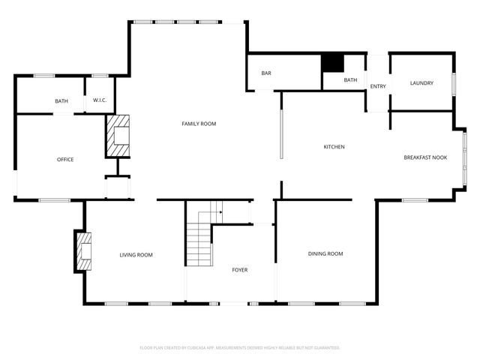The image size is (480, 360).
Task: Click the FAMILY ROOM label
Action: (x=199, y=124)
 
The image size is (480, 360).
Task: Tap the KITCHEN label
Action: (x=334, y=147)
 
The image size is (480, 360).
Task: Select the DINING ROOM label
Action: (x=325, y=254)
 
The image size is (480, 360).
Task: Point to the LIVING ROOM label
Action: (x=136, y=256)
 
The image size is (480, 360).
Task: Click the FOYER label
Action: (x=239, y=270)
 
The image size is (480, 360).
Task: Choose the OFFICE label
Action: (x=65, y=159)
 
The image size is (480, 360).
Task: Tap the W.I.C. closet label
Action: (x=100, y=100)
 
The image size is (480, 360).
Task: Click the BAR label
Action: (x=266, y=73)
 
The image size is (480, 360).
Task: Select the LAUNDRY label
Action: (x=421, y=83)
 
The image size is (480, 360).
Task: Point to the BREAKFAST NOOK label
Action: (x=425, y=157)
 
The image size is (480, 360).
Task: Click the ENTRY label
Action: (x=378, y=87)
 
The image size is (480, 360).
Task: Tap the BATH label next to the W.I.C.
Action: (x=61, y=101)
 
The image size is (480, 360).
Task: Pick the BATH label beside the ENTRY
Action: (x=350, y=80)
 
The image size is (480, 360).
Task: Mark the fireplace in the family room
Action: (x=118, y=136)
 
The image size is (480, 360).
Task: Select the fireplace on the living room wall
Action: (x=83, y=251)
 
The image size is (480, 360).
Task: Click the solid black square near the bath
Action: (x=331, y=63)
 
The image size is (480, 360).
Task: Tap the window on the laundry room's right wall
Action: (x=454, y=83)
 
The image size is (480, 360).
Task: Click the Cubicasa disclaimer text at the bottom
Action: (x=240, y=348)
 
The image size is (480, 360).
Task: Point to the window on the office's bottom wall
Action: (x=55, y=199)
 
